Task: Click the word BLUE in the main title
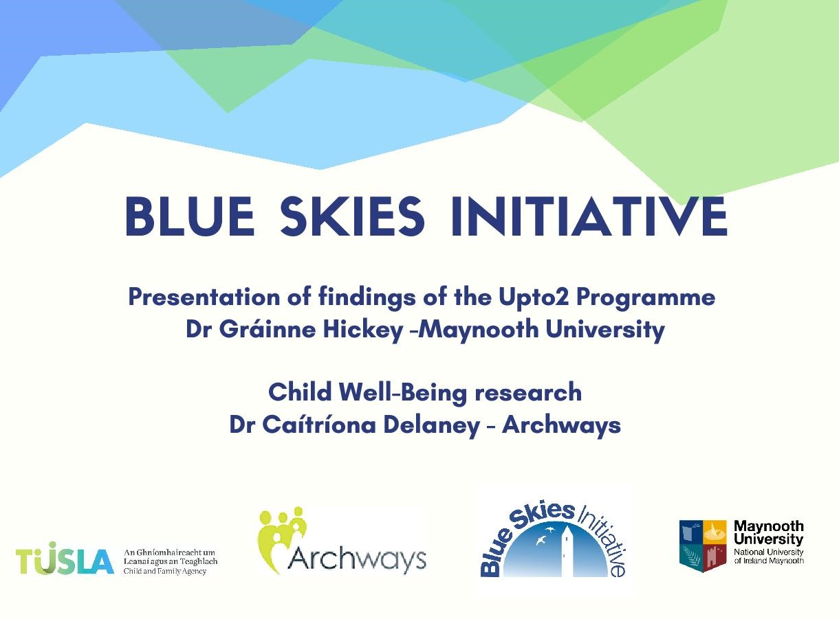pyautogui.click(x=190, y=216)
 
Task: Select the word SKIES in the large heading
pyautogui.click(x=352, y=216)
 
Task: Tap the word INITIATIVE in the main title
pyautogui.click(x=589, y=216)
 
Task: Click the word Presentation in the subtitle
pyautogui.click(x=204, y=297)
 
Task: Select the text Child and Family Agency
pyautogui.click(x=165, y=571)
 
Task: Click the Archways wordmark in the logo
pyautogui.click(x=357, y=559)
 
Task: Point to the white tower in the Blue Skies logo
pyautogui.click(x=567, y=552)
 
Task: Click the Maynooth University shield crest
pyautogui.click(x=703, y=545)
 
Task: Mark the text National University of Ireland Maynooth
pyautogui.click(x=769, y=556)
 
